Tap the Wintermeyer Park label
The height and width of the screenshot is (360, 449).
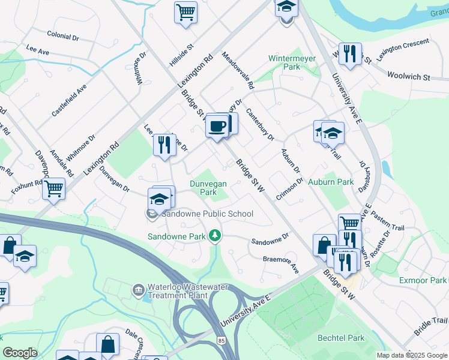(x=284, y=62)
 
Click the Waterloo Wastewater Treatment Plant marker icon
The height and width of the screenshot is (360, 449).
(x=139, y=290)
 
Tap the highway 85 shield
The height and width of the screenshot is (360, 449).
(x=221, y=341)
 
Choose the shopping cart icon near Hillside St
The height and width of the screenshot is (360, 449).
(x=186, y=11)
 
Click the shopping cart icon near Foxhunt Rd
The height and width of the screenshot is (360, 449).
(x=54, y=188)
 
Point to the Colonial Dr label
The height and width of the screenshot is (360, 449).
(x=62, y=37)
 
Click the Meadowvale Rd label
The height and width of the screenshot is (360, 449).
(x=238, y=67)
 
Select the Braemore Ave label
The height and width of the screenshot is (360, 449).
(x=281, y=263)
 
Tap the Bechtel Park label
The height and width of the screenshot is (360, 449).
(x=341, y=338)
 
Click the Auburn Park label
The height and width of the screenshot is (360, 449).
(x=331, y=181)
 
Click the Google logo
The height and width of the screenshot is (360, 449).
(x=20, y=352)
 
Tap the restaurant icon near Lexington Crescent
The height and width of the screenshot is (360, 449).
(x=349, y=53)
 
